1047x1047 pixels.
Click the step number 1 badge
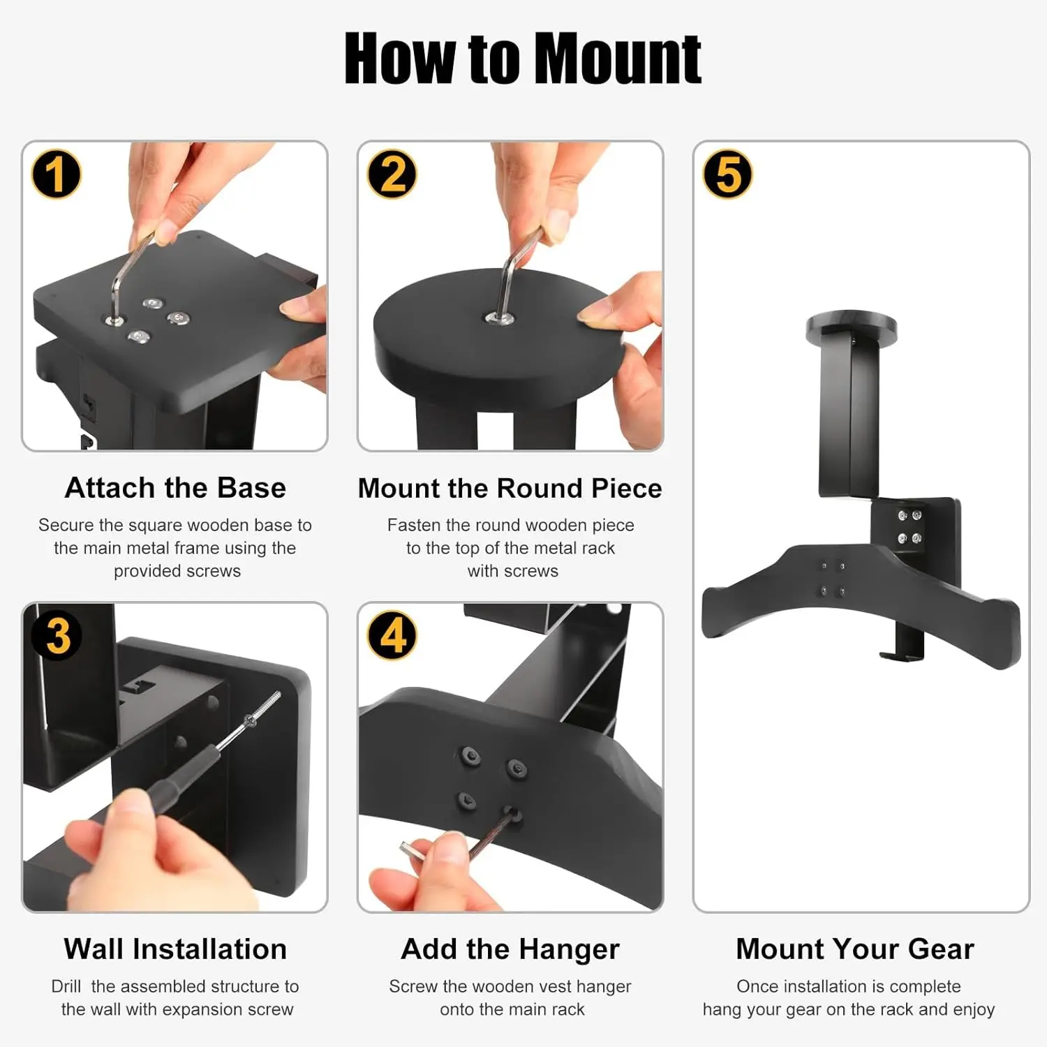point(57,174)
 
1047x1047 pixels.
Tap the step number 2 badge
point(392,174)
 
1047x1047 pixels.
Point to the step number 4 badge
point(392,635)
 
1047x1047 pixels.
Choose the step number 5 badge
point(728,174)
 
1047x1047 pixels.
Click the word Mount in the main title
point(618,59)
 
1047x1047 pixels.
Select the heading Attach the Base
point(175,487)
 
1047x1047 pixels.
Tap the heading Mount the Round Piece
point(510,488)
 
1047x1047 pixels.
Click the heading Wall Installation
point(175,949)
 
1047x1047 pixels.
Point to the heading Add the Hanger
point(510,949)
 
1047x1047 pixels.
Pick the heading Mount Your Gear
point(855,949)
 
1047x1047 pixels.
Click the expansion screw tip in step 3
point(277,695)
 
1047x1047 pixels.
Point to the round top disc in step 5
point(851,327)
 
